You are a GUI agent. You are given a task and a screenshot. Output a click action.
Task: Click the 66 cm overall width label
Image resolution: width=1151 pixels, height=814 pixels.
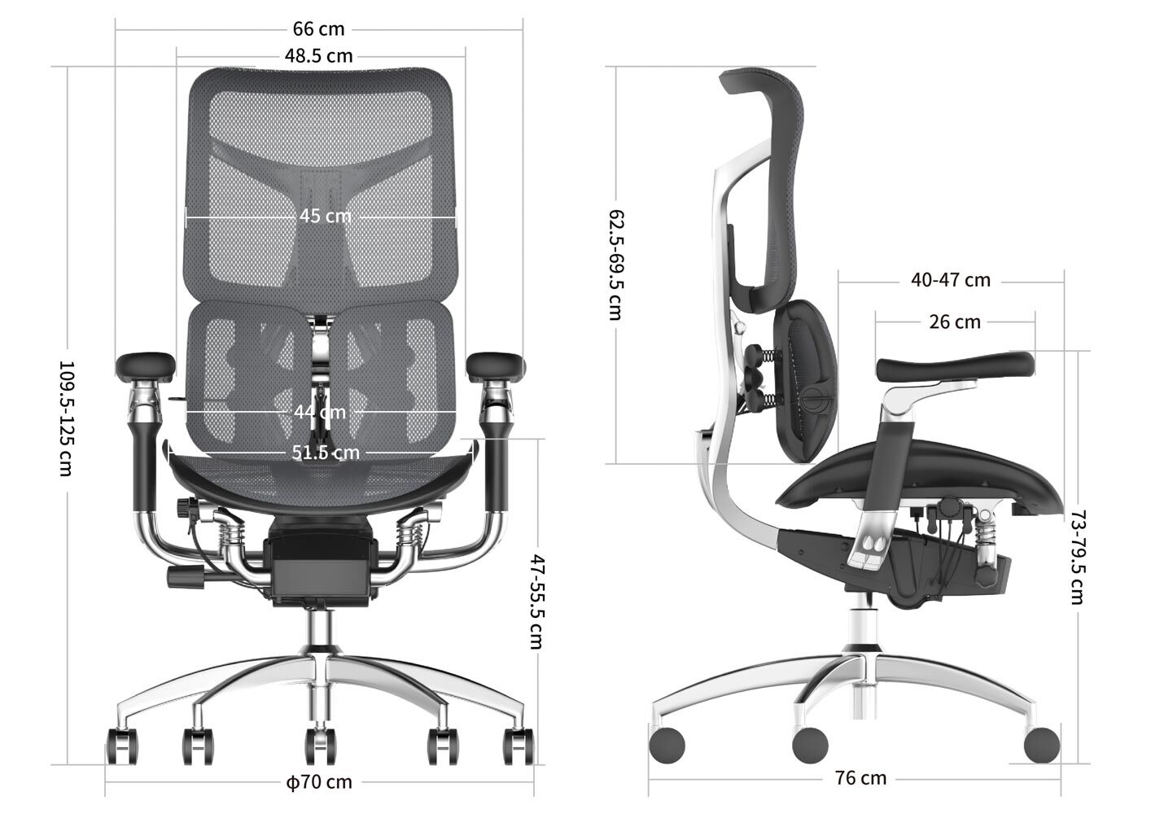coord(319,29)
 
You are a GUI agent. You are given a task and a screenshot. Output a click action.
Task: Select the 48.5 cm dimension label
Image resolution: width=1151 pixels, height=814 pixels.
coord(319,56)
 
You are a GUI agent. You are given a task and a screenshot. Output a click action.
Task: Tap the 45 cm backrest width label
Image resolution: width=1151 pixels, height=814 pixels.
coord(325,217)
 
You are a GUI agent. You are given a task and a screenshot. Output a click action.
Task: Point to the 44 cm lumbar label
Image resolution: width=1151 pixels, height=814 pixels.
coord(320,412)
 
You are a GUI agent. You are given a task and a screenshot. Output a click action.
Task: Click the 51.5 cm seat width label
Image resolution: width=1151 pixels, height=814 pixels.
coord(325,452)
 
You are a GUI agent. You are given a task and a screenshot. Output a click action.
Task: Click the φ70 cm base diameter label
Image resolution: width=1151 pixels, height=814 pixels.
coord(319,782)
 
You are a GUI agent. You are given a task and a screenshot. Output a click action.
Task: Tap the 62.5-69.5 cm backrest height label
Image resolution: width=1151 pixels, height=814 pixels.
coord(616,265)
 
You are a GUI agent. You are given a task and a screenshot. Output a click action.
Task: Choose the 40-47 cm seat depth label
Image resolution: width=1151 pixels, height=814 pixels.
coord(951,280)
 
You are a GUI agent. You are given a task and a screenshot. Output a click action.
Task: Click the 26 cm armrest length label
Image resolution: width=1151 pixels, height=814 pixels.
coord(955,322)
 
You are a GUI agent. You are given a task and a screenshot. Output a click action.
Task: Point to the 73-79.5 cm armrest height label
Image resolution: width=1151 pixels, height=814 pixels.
coord(1078,557)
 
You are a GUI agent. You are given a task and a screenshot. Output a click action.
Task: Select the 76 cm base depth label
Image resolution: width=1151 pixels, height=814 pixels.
coord(860,778)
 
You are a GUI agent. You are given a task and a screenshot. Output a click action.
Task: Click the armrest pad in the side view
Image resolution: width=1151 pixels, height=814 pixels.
coord(956,367)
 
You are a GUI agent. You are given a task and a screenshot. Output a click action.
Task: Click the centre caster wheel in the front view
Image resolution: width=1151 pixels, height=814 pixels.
coord(321,745)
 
